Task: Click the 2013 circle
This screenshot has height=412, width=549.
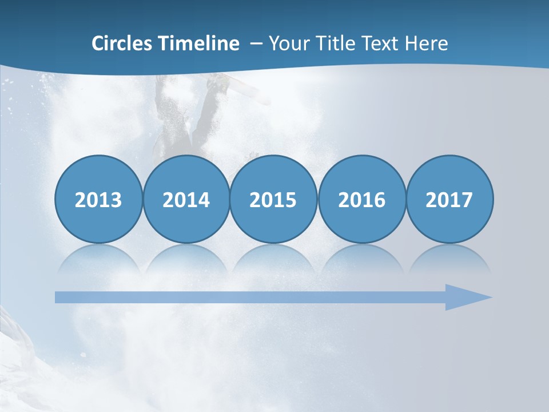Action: tap(98, 199)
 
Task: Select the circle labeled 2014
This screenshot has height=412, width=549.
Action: tap(186, 199)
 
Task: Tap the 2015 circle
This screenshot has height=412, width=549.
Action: tap(273, 199)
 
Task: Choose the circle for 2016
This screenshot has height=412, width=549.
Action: tap(361, 199)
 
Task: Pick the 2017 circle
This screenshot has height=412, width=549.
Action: tap(449, 199)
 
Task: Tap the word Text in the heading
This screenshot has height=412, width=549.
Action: tap(383, 43)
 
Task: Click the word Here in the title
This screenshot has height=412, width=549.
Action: tap(427, 43)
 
